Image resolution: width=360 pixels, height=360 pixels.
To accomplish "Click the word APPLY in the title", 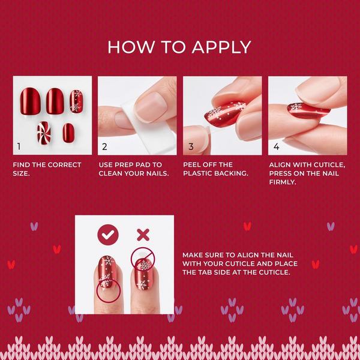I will pos(219,47).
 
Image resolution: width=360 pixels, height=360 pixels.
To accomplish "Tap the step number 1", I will pos(19,146).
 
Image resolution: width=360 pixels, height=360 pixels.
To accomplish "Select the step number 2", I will pos(105,146).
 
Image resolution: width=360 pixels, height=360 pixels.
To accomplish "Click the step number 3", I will pos(190,146).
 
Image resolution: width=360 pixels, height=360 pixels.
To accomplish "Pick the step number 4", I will pos(276,146).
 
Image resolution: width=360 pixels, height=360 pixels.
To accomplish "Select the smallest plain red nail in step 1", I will pos(68,130).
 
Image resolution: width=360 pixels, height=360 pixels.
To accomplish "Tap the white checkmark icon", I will pos(108,234).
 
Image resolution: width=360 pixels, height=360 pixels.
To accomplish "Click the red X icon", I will pos(143,234).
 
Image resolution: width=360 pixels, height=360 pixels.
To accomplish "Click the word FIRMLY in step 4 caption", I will pos(284,181).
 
